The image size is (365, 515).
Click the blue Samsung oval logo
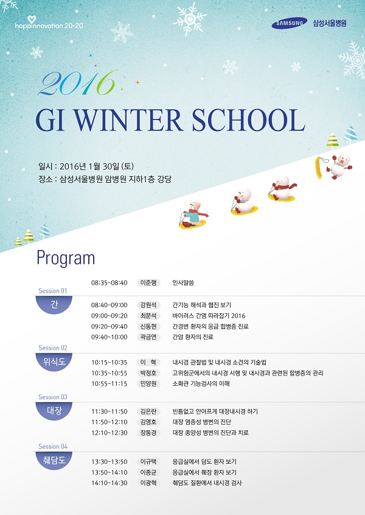point(289,23)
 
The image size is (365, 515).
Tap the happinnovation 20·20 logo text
point(49,25)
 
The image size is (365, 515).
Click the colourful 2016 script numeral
point(77,83)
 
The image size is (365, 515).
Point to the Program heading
point(66,258)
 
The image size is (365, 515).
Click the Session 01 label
point(52,291)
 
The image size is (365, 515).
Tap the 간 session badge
point(54,305)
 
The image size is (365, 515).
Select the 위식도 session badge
point(54,361)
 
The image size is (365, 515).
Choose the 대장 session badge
point(54,411)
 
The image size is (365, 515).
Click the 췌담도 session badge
point(54,460)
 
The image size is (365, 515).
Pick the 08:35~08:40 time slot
point(109,283)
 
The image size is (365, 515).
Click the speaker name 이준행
point(148,283)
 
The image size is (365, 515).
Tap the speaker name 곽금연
point(148,337)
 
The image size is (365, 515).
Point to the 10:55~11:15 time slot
point(109,383)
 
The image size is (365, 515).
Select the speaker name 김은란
point(148,411)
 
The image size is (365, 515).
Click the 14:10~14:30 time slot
point(109,483)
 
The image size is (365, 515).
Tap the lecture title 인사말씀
point(183,283)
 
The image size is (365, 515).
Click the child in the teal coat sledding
point(193,215)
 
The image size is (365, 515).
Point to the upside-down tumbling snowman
point(339,166)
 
